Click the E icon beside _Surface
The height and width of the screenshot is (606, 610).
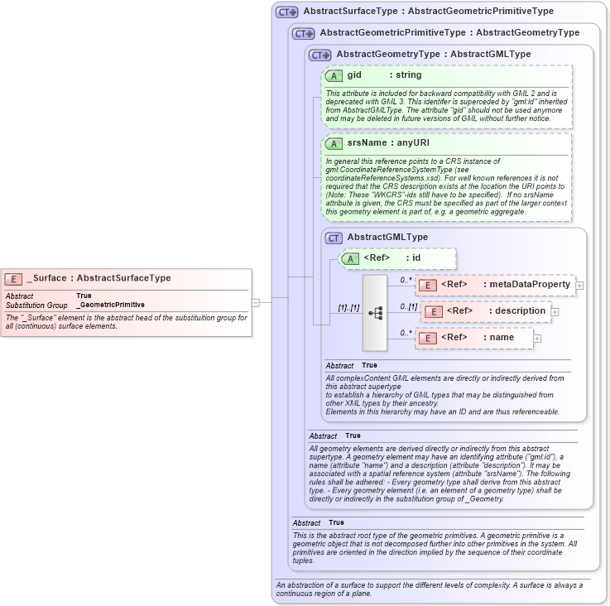14,279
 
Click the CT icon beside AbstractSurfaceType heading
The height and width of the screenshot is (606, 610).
286,12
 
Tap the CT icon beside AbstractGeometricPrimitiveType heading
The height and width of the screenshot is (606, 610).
303,34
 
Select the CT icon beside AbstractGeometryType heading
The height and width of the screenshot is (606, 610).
319,55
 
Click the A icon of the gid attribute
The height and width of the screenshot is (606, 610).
334,76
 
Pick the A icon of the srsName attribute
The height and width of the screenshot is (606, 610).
334,144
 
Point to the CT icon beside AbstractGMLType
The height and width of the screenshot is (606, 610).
334,238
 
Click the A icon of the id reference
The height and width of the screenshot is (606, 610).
351,259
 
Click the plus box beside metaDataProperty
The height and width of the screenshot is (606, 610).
579,286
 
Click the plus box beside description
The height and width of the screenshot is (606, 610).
555,312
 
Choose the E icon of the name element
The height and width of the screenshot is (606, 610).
428,338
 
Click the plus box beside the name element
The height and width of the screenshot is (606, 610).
537,338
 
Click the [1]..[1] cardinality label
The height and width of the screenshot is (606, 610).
348,308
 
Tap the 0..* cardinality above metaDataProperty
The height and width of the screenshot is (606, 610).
406,280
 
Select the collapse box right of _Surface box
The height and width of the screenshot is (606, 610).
256,302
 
